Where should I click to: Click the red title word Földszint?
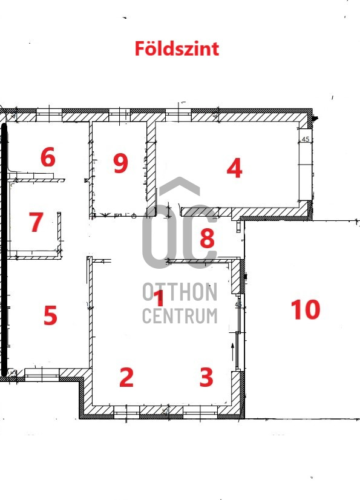[177, 49]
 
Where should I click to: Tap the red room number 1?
[159, 298]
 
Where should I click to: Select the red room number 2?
[126, 377]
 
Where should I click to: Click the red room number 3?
[206, 377]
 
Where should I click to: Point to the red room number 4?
[234, 168]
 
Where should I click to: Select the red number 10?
[306, 309]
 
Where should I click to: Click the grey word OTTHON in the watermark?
[180, 292]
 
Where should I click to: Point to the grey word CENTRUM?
[180, 316]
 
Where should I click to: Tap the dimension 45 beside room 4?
[306, 139]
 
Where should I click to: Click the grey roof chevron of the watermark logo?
[180, 186]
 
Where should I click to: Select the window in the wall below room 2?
[126, 412]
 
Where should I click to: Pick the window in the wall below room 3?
[200, 412]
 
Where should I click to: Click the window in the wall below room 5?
[42, 374]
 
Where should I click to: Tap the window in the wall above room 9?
[119, 115]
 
